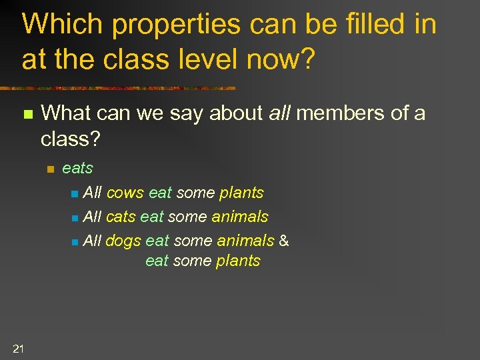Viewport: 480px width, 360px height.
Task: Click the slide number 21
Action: click(x=18, y=347)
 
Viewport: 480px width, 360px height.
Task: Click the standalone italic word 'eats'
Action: click(x=77, y=168)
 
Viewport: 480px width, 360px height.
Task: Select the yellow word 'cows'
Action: click(x=125, y=193)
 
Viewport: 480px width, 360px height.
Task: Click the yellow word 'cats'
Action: click(x=120, y=217)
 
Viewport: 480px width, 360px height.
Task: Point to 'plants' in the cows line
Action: click(x=241, y=193)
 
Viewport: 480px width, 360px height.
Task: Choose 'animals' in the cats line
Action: click(x=240, y=217)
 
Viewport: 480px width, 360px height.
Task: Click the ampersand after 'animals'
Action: click(x=284, y=240)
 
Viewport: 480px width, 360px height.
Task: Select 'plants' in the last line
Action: click(x=238, y=261)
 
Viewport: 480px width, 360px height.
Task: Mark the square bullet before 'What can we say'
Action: click(x=27, y=115)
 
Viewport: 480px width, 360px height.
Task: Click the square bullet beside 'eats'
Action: click(x=49, y=169)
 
